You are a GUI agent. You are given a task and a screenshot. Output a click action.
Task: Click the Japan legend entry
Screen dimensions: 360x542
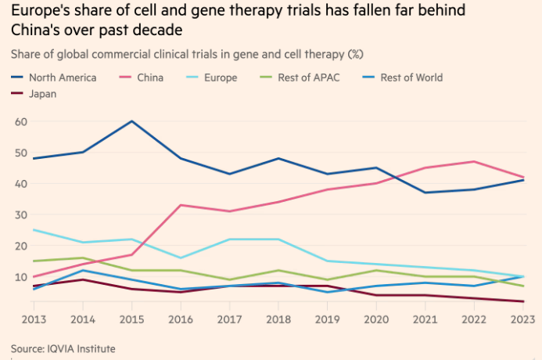click(x=41, y=94)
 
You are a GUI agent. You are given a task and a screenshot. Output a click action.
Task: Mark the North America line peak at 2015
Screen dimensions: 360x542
click(x=131, y=121)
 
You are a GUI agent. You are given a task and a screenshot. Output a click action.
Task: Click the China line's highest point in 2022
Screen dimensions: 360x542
click(x=474, y=162)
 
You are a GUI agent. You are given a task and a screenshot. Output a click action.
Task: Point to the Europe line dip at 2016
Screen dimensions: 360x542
click(x=181, y=257)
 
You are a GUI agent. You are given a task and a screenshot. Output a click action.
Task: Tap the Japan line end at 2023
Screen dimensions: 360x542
click(x=523, y=301)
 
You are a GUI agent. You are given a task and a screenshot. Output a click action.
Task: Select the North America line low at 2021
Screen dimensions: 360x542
click(x=425, y=193)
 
